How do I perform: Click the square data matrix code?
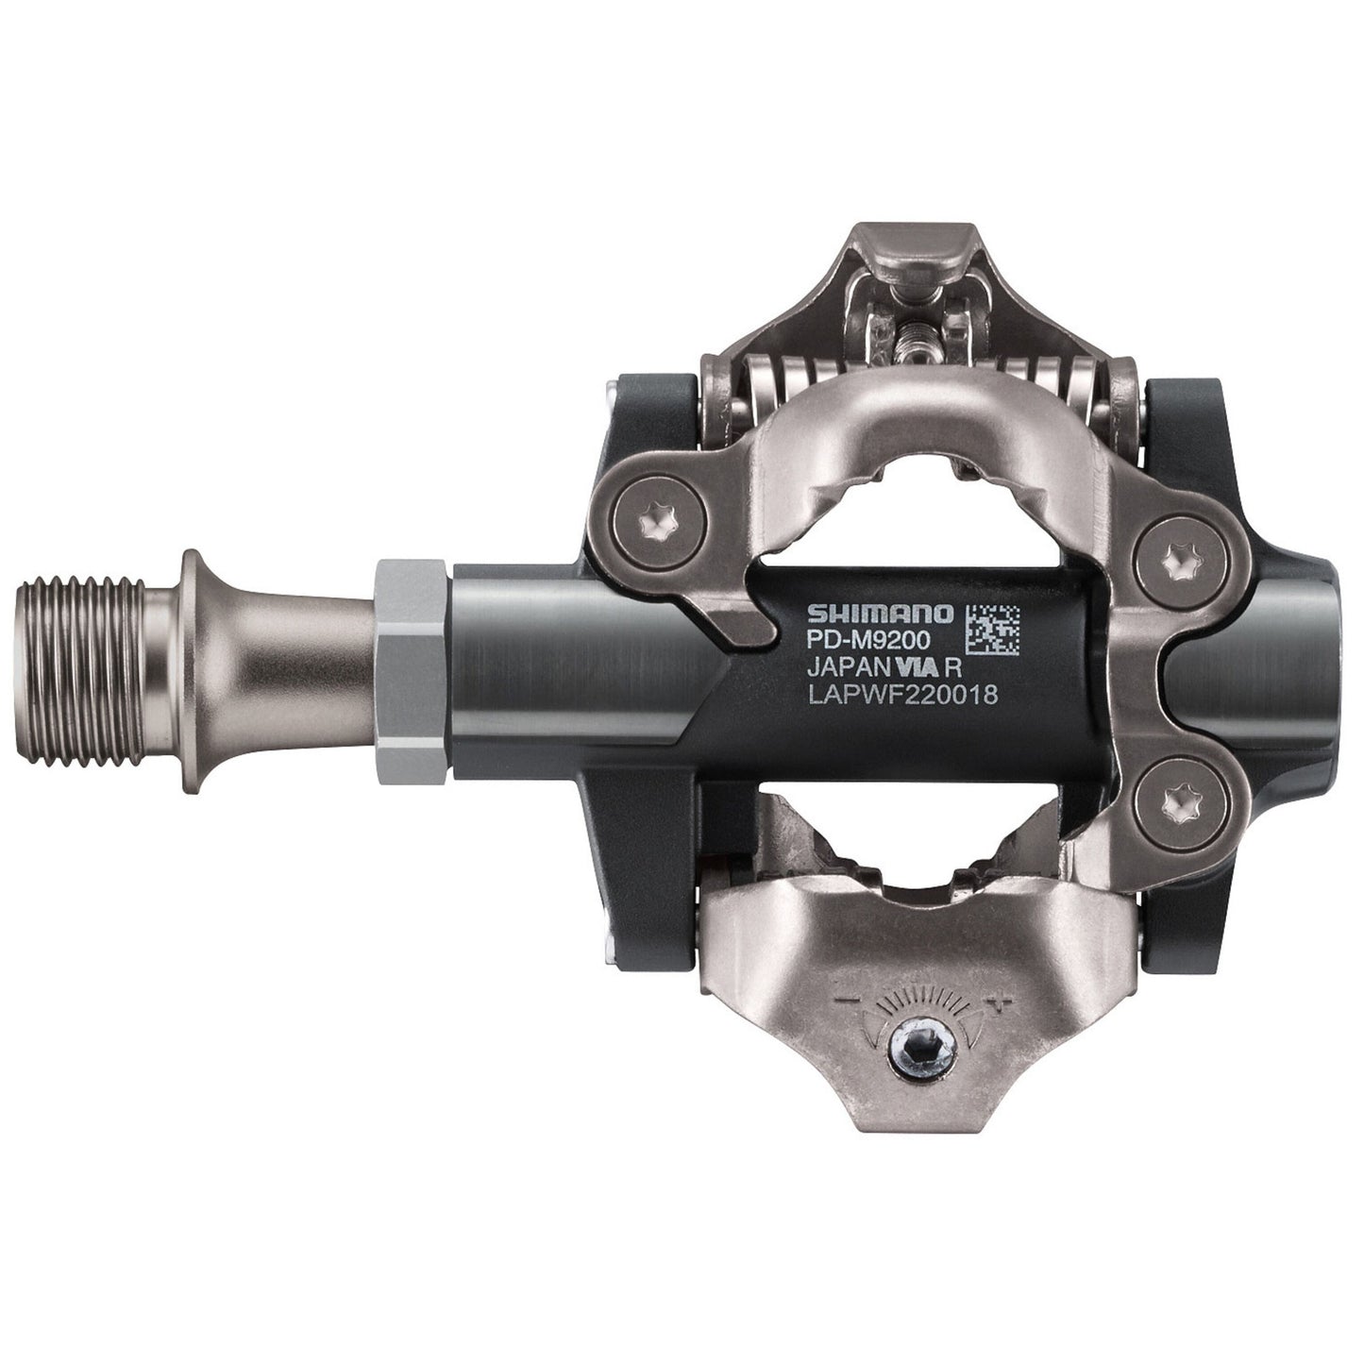992,627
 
